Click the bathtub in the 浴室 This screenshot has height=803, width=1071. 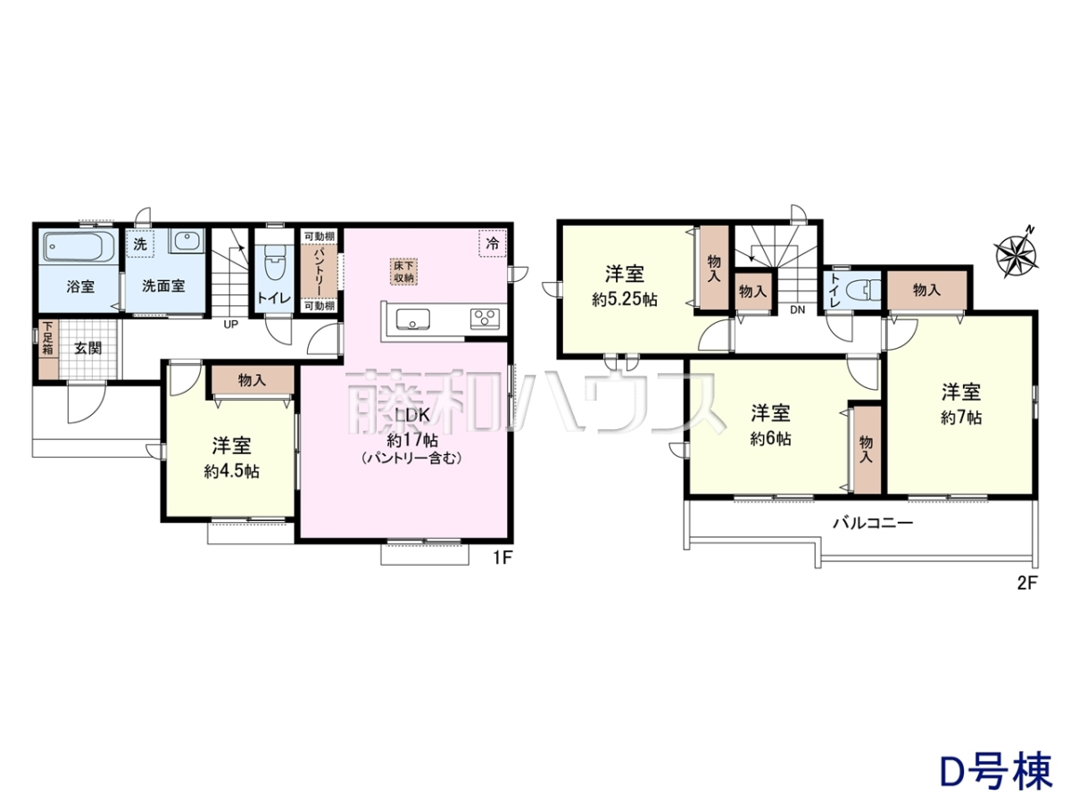tap(80, 247)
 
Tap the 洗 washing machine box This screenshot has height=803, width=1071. tap(140, 244)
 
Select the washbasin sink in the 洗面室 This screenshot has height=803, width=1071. tap(187, 241)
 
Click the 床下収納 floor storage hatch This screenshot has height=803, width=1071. tap(404, 271)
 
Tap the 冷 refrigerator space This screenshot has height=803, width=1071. tap(493, 244)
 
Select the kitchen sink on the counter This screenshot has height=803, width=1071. tap(413, 319)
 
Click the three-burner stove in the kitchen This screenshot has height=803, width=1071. tap(485, 319)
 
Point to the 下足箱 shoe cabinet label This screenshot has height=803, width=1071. tap(47, 337)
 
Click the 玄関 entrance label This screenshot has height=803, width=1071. tap(87, 348)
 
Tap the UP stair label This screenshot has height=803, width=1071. tap(231, 324)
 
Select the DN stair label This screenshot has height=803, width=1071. tap(797, 310)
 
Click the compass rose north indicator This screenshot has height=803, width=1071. tap(1017, 252)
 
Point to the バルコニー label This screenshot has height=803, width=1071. tap(872, 524)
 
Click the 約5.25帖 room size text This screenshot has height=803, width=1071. tap(625, 300)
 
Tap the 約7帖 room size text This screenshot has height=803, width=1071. tap(961, 418)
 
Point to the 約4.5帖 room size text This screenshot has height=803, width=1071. tap(232, 471)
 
